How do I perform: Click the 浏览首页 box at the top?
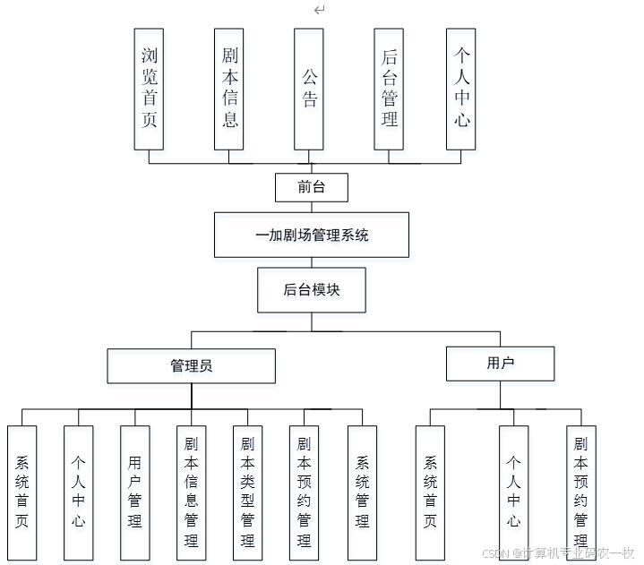coord(149,89)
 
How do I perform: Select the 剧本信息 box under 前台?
coord(229,89)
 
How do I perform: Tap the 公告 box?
coord(309,89)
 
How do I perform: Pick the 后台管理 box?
coord(389,89)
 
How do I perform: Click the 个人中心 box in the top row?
coord(460,89)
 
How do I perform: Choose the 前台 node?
coord(310,188)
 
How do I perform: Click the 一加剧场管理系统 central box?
coord(311,235)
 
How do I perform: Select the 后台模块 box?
coord(311,290)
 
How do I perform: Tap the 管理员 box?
coord(191,366)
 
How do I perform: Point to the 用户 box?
coord(500,364)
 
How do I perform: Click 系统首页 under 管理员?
coord(21,491)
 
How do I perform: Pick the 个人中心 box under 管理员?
coord(78,491)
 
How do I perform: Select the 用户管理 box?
coord(134,491)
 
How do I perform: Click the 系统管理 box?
coord(362,491)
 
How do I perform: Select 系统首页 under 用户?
coord(430,491)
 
